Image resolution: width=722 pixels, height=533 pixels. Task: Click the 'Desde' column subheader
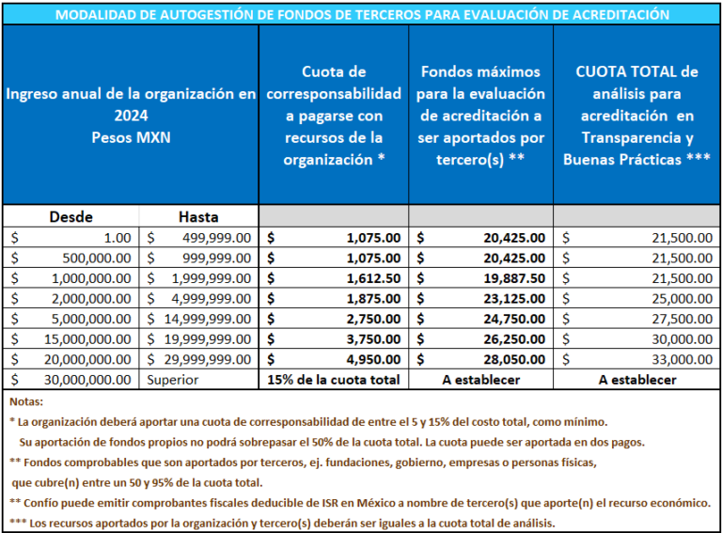71,217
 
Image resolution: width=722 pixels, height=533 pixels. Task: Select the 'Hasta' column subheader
198,217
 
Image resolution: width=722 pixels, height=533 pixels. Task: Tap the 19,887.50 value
514,278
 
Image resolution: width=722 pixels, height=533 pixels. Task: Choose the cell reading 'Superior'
173,380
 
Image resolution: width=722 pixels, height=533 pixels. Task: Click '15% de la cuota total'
334,380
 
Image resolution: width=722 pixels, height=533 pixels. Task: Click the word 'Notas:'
26,401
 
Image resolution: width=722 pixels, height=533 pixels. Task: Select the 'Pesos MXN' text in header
131,137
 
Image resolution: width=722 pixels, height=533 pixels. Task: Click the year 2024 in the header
131,116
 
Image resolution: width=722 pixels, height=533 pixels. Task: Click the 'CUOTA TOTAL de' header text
636,71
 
